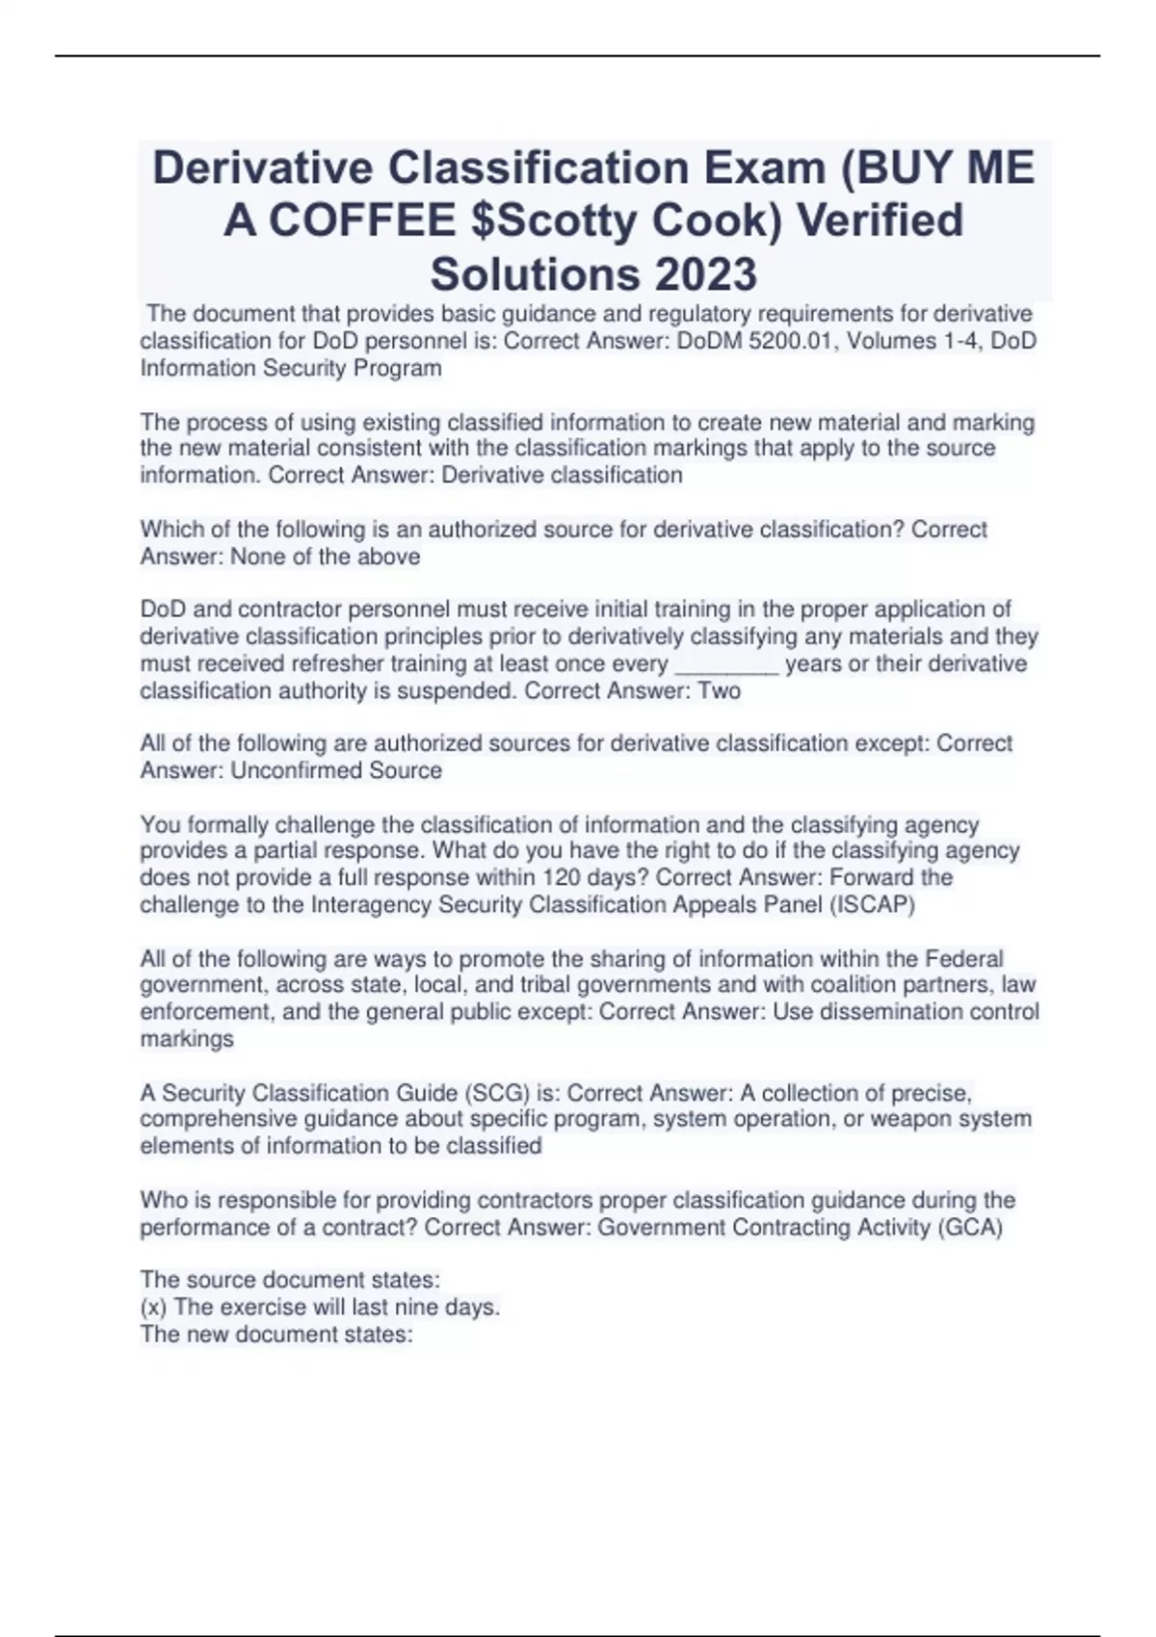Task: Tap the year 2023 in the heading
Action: click(705, 274)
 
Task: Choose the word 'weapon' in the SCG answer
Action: click(903, 1119)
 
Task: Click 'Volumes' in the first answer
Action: click(887, 341)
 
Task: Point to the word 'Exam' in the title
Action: click(763, 169)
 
